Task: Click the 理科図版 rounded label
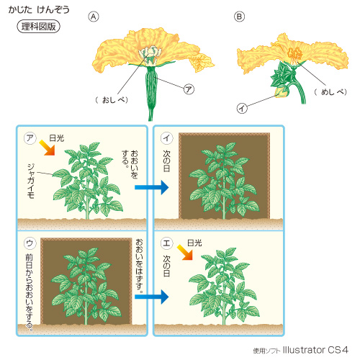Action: click(38, 27)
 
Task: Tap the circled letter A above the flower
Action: click(94, 17)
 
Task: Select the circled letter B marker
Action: click(239, 17)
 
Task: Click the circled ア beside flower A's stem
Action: click(189, 89)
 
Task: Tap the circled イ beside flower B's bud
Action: click(242, 109)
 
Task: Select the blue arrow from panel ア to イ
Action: click(152, 187)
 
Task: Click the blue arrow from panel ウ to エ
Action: click(152, 297)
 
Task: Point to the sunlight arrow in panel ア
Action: click(48, 148)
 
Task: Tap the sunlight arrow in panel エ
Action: click(185, 253)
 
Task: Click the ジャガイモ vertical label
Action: click(31, 181)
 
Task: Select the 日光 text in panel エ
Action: click(194, 243)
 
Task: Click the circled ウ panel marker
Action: click(30, 243)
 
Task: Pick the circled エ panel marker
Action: click(166, 243)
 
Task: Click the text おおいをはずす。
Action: click(140, 266)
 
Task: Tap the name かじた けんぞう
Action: click(39, 9)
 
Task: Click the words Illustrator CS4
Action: click(315, 350)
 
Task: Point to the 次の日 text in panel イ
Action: click(166, 161)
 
